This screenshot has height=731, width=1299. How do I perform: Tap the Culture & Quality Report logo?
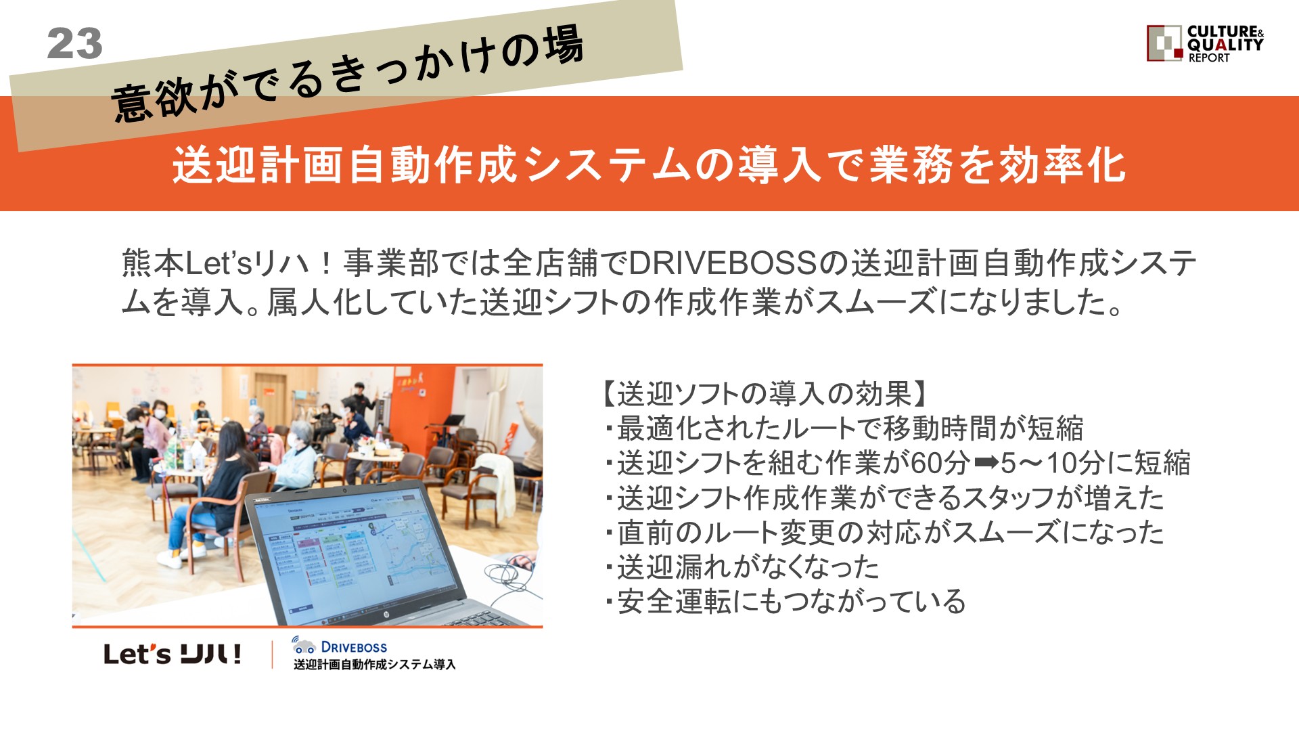click(1205, 44)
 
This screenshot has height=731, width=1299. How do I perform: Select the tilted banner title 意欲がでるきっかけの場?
click(346, 73)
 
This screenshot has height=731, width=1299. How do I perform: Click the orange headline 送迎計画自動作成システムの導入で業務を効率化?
click(649, 164)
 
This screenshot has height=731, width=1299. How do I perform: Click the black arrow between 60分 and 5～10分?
click(986, 463)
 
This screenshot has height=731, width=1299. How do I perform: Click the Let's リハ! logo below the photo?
click(173, 654)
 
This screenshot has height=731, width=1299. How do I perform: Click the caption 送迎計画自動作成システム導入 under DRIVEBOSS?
click(375, 665)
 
